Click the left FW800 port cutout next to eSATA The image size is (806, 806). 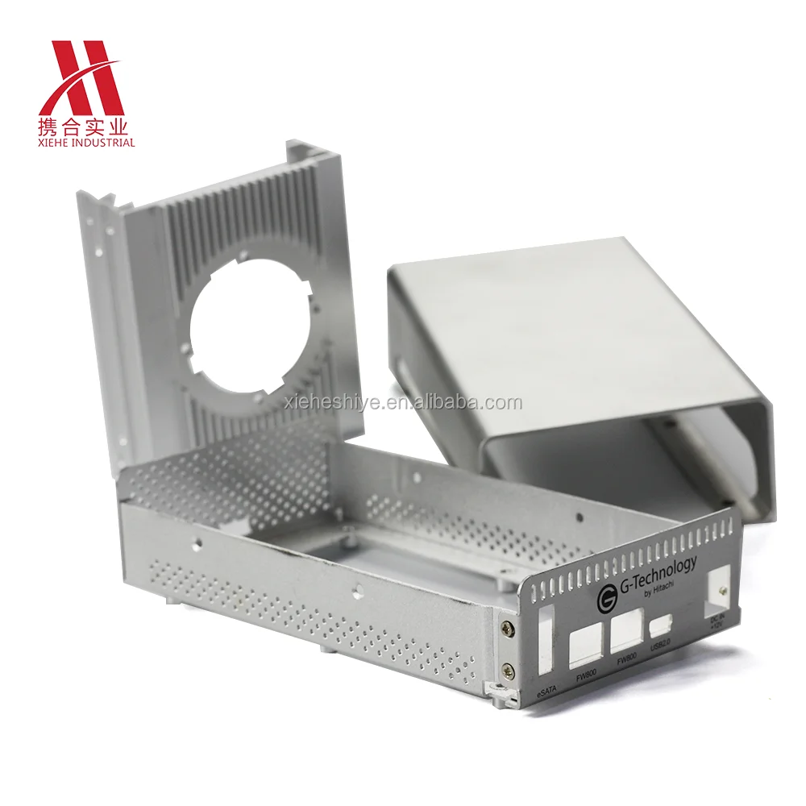(586, 645)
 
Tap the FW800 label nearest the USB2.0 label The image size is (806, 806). (626, 659)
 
